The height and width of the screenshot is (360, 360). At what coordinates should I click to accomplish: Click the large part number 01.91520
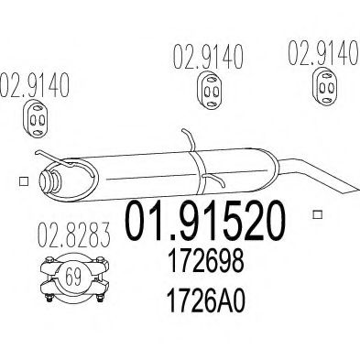coord(205,221)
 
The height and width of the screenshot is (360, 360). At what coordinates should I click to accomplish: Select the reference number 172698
coord(206,261)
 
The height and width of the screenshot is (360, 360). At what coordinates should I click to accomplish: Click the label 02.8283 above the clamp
coord(73,235)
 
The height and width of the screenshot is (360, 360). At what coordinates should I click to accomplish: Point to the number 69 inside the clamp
coord(73,277)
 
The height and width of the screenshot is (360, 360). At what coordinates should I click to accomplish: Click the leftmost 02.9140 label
coord(34,85)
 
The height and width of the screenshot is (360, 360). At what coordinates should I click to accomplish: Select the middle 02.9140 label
coord(208,57)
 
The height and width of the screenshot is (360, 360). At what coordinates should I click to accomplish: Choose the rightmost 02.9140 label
coord(323,52)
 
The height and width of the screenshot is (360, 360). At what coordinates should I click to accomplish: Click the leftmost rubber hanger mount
coord(36,118)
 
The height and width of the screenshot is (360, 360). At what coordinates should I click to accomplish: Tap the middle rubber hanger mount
coord(209,91)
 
